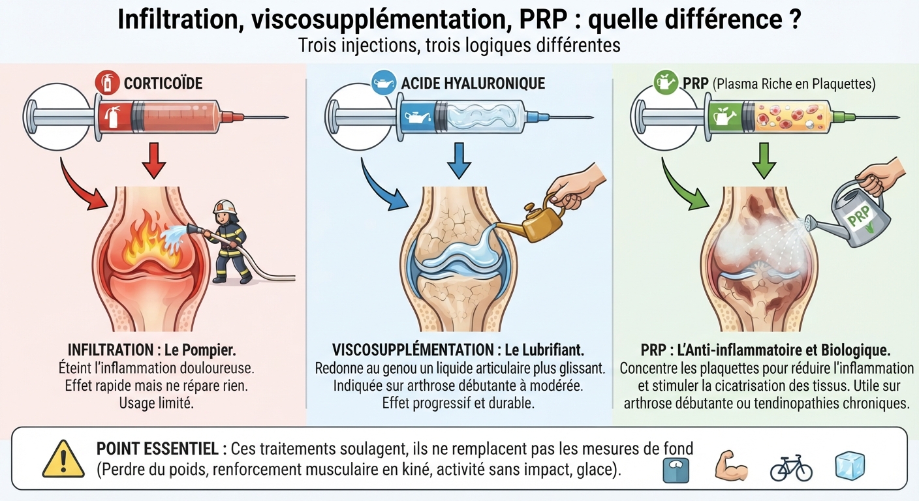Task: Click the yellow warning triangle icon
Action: pyautogui.click(x=63, y=460)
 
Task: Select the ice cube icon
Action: pyautogui.click(x=850, y=466)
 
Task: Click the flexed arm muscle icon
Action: pyautogui.click(x=730, y=466)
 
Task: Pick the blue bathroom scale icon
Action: pyautogui.click(x=676, y=470)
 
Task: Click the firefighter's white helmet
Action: pyautogui.click(x=225, y=206)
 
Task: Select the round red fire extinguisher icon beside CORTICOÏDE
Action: pyautogui.click(x=107, y=82)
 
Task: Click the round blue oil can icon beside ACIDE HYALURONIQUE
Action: pyautogui.click(x=384, y=82)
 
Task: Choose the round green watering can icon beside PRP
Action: pyautogui.click(x=666, y=82)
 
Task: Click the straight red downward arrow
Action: pyautogui.click(x=154, y=160)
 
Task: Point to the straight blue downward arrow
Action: pyautogui.click(x=459, y=160)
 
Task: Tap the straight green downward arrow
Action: pyautogui.click(x=764, y=160)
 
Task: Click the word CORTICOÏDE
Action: pyautogui.click(x=163, y=83)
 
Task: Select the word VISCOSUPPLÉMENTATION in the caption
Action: pyautogui.click(x=413, y=350)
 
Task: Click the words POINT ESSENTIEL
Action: pyautogui.click(x=157, y=449)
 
